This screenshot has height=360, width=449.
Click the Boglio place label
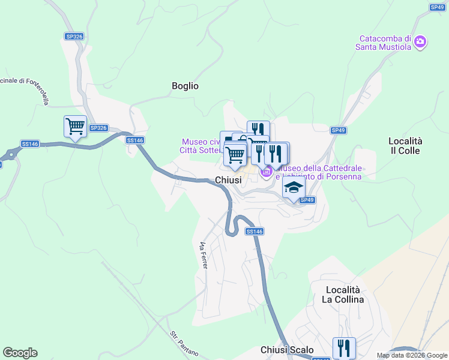click(185, 86)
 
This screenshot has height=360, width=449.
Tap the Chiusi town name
click(228, 180)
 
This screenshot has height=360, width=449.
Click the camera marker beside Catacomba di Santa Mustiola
click(420, 41)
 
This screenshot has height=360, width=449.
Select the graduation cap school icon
click(294, 188)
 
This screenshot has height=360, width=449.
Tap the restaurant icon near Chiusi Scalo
click(344, 347)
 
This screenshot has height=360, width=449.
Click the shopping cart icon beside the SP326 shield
click(75, 127)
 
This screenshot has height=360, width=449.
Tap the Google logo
click(20, 353)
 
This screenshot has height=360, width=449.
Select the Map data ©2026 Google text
click(412, 355)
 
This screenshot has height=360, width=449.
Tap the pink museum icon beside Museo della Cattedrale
click(266, 172)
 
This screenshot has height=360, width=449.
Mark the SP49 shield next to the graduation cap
click(307, 200)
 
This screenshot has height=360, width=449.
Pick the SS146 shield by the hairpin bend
click(254, 232)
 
